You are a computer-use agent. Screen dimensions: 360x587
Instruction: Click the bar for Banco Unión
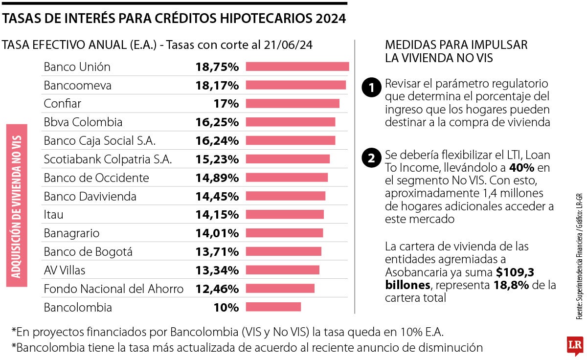pos(297,67)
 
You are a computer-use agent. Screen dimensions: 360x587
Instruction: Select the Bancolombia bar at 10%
pos(273,307)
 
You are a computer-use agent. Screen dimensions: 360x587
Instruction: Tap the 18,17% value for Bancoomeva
pos(217,86)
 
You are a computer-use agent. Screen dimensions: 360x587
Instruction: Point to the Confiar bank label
pos(62,104)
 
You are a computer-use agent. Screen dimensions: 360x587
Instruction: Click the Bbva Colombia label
pos(83,122)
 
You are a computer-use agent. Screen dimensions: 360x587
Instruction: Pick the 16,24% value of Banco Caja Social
pos(217,141)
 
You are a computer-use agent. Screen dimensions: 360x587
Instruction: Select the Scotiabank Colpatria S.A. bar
pos(287,159)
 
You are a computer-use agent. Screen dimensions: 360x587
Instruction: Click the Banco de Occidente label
pos(96,178)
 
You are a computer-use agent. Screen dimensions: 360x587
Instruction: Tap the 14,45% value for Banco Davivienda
pos(217,197)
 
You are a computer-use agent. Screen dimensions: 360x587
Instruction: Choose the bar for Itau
pos(284,214)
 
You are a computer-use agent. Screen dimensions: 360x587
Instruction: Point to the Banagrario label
pos(71,233)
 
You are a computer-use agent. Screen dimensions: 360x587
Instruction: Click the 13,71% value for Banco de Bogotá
pos(217,252)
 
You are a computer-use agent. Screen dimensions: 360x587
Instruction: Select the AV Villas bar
pos(282,270)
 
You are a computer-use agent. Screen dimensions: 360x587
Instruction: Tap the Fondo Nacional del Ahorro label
pos(113,289)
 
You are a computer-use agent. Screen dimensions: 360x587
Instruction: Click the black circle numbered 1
pos(371,88)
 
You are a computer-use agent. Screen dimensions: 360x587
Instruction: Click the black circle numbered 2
pos(371,158)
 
